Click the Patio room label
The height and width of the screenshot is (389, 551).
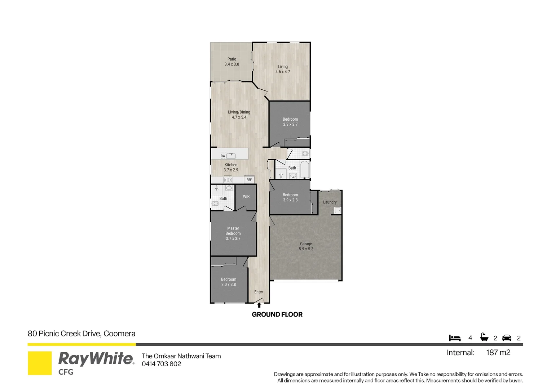(232, 59)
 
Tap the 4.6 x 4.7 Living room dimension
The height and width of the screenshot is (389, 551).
(282, 72)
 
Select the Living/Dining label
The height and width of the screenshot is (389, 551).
(239, 112)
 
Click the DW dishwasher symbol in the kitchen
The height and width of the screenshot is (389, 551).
(223, 156)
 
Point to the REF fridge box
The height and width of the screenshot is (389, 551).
(249, 179)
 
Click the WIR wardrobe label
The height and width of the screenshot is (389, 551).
(246, 197)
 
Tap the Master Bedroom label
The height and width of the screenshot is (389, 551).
(233, 231)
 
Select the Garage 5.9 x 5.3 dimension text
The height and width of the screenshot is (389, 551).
(306, 249)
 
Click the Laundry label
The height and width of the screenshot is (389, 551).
(330, 202)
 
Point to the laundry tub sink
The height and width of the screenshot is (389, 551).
(338, 210)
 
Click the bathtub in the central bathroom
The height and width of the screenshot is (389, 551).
(305, 170)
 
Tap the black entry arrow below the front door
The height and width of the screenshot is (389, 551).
(259, 305)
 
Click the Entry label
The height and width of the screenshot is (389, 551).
(259, 292)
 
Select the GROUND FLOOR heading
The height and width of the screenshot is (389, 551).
(277, 314)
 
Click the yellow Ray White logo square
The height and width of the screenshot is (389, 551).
(40, 363)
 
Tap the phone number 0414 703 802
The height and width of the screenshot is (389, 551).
(161, 364)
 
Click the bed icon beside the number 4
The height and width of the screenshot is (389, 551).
(455, 338)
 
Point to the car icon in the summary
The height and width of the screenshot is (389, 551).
(507, 338)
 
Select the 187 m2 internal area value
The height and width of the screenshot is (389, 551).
(498, 353)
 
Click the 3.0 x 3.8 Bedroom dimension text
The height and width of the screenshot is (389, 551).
(229, 285)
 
